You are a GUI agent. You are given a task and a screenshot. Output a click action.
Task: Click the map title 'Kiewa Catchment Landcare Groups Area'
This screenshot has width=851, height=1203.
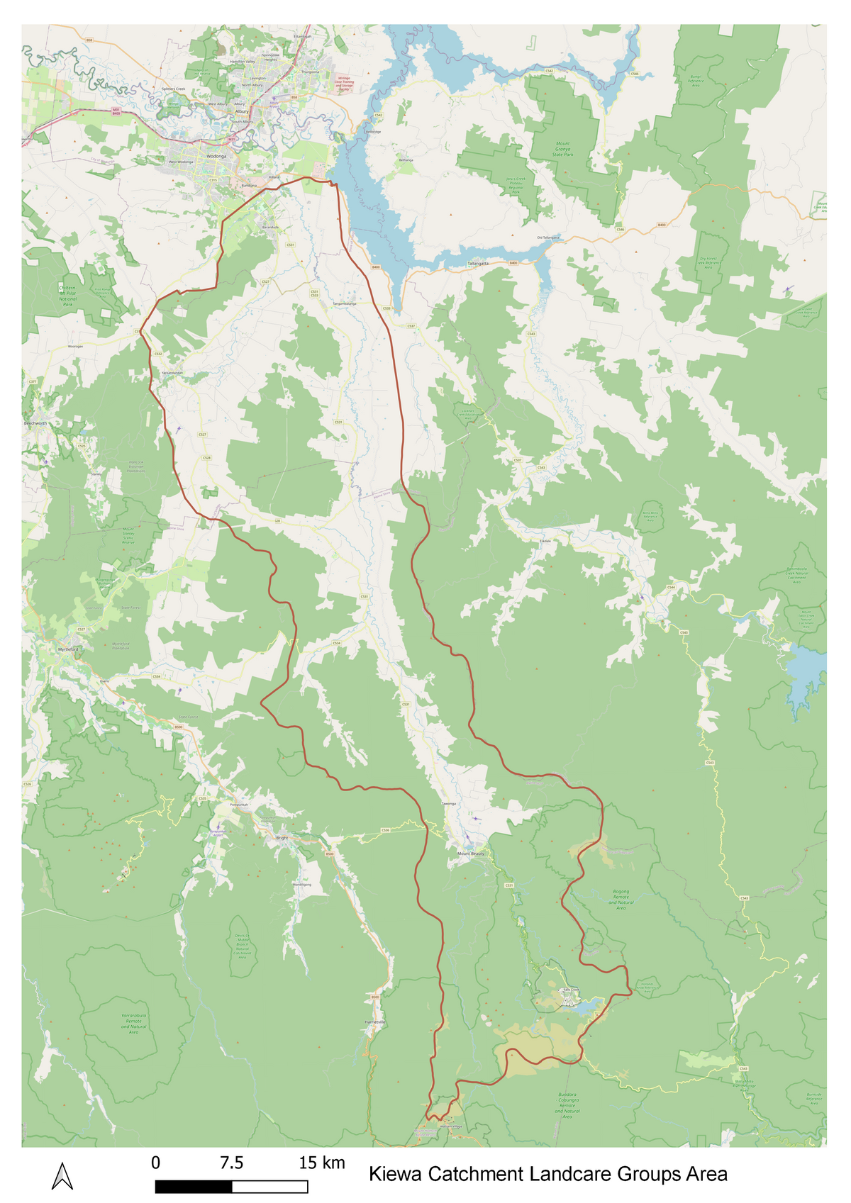[547, 1174]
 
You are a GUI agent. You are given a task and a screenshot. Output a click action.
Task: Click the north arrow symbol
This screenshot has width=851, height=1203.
[62, 1176]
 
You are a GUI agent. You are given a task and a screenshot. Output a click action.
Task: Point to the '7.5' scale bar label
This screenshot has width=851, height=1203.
[231, 1163]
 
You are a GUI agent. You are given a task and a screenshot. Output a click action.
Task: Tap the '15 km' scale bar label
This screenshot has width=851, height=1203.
[321, 1163]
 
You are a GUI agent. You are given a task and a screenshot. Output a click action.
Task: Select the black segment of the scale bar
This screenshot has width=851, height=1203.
[193, 1187]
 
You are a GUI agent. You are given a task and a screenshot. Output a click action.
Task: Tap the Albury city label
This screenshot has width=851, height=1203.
[242, 111]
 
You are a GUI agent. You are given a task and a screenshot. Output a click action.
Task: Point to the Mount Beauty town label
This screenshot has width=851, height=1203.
[471, 854]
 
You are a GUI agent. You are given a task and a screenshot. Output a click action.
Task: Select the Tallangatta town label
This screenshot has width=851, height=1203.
[478, 263]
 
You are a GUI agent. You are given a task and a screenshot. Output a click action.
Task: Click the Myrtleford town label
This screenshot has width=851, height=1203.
[68, 649]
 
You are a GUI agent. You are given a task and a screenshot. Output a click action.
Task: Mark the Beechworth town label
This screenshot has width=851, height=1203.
[35, 423]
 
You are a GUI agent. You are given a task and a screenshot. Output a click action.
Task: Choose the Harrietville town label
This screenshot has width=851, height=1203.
[374, 1022]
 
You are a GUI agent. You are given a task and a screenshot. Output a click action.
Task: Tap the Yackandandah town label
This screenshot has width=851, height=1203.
[172, 372]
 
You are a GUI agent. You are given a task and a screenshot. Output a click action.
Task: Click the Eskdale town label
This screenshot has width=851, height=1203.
[545, 541]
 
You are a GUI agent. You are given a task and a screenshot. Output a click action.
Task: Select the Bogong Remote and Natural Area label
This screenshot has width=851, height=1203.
[621, 900]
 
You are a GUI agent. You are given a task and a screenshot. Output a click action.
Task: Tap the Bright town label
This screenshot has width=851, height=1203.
[282, 838]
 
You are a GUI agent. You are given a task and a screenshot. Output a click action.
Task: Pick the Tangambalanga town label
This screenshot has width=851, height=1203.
[344, 303]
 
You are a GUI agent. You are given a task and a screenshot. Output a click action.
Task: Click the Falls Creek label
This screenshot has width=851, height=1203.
[571, 990]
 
